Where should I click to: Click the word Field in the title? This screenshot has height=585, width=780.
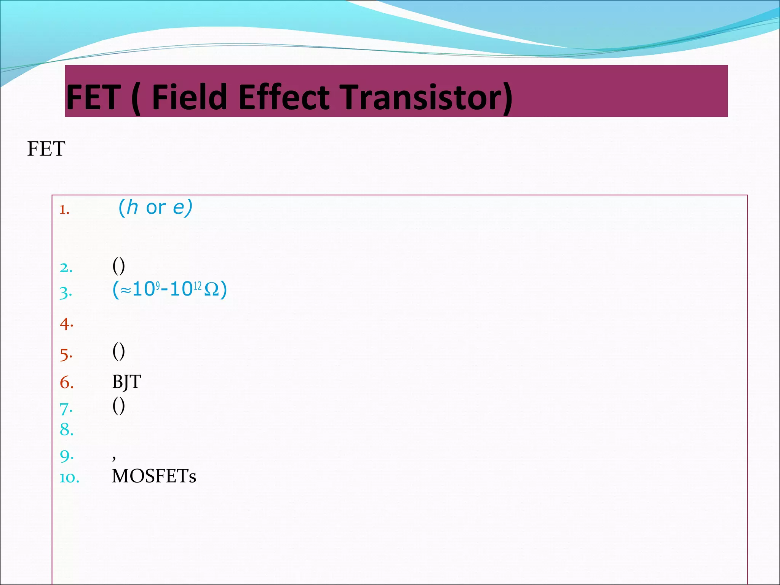tap(190, 97)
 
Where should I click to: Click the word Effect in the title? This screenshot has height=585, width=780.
tap(284, 97)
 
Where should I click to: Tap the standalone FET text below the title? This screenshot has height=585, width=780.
tap(46, 149)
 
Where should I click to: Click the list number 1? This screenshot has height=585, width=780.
tap(64, 209)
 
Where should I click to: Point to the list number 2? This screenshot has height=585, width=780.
tap(66, 268)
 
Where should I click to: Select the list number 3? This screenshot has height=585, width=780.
tap(66, 293)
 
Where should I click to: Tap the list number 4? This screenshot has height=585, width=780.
tap(66, 324)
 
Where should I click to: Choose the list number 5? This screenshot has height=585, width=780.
tap(66, 355)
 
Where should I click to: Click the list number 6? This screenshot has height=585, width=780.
tap(67, 382)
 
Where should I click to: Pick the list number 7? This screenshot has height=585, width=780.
tap(66, 409)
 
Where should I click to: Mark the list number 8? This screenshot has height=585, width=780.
tap(67, 430)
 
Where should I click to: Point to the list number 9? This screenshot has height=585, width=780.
tap(67, 456)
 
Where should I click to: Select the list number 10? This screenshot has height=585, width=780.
tap(69, 478)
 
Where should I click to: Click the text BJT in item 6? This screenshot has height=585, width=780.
tap(126, 382)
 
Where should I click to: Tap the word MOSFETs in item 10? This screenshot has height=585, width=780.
tap(154, 476)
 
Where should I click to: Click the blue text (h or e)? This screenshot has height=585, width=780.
tap(155, 208)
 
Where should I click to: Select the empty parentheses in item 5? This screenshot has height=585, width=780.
tap(118, 351)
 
